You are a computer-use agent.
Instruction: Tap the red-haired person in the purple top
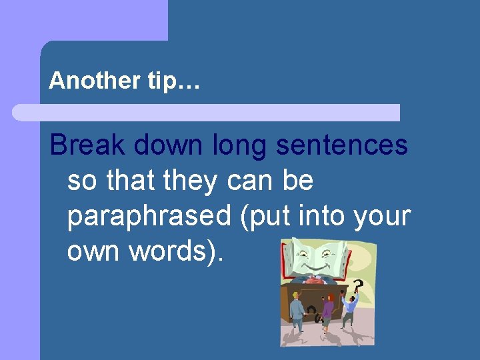327,310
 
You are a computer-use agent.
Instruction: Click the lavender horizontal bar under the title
207,113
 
